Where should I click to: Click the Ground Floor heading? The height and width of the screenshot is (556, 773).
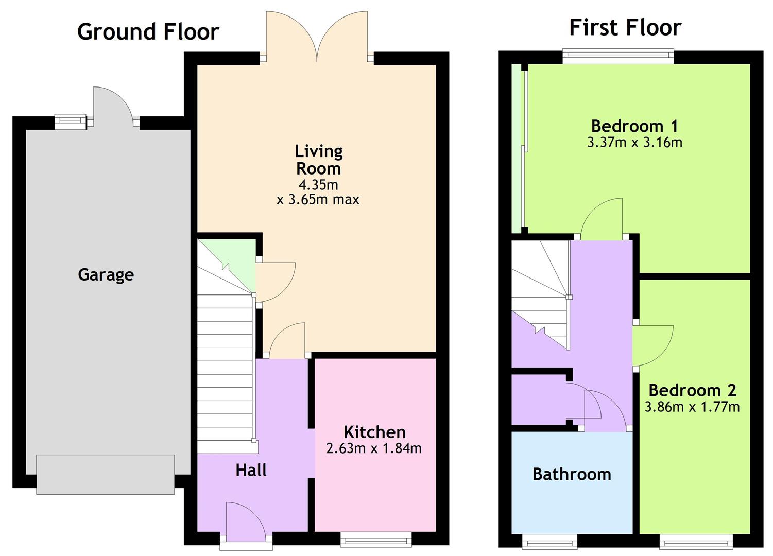pyautogui.click(x=148, y=32)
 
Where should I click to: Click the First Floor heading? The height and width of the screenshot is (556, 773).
pyautogui.click(x=625, y=28)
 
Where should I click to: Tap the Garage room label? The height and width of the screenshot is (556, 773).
pyautogui.click(x=106, y=275)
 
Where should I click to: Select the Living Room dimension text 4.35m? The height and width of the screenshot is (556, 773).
pyautogui.click(x=318, y=185)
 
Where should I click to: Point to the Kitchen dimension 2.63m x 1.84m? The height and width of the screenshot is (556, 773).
pyautogui.click(x=374, y=448)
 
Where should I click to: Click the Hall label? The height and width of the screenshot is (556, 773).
pyautogui.click(x=251, y=470)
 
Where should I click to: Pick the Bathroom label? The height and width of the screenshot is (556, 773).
pyautogui.click(x=572, y=474)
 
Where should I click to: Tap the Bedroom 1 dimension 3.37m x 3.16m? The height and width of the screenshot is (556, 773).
pyautogui.click(x=634, y=142)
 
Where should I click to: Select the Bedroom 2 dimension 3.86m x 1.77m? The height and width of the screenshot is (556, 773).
pyautogui.click(x=692, y=407)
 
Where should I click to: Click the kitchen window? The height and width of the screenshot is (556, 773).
pyautogui.click(x=376, y=540)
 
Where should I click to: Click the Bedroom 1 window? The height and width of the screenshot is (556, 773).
pyautogui.click(x=618, y=56)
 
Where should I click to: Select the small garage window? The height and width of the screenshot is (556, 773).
pyautogui.click(x=71, y=122)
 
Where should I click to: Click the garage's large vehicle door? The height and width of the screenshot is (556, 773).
pyautogui.click(x=106, y=474)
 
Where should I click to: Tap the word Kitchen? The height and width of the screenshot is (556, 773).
pyautogui.click(x=375, y=432)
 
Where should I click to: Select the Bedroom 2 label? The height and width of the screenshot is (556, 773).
pyautogui.click(x=693, y=391)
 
